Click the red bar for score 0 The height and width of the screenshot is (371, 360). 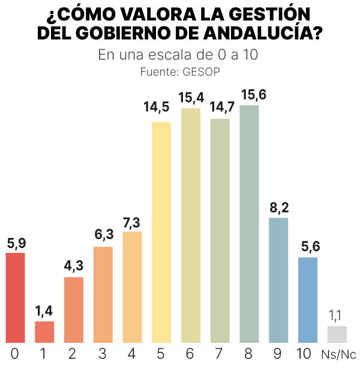click(15, 297)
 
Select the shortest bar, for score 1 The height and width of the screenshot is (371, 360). click(44, 331)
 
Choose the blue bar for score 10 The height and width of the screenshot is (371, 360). click(307, 300)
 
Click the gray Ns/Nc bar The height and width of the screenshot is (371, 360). click(337, 334)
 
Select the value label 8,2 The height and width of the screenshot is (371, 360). click(278, 207)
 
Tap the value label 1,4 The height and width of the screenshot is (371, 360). click(44, 310)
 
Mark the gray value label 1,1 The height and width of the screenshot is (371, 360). click(336, 315)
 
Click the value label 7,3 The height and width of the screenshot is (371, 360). click(132, 221)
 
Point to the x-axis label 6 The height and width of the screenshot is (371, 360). click(191, 354)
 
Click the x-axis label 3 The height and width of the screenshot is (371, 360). click(103, 354)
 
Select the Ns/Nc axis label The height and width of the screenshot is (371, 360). click(339, 354)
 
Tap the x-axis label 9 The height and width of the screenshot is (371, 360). click(278, 354)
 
